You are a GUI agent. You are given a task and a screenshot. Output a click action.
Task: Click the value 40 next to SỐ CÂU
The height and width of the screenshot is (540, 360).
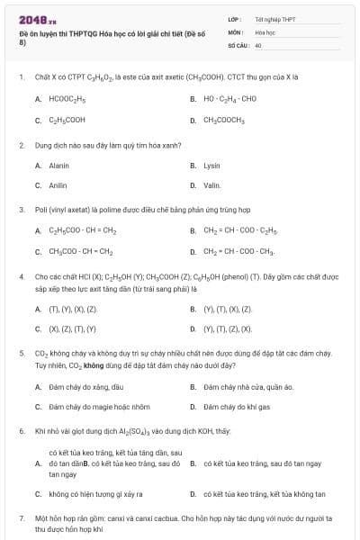click(x=258, y=44)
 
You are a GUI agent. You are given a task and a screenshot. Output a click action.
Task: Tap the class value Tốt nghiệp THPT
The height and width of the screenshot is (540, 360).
click(x=275, y=19)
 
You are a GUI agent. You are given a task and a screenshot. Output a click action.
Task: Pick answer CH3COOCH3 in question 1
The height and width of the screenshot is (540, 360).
click(x=224, y=120)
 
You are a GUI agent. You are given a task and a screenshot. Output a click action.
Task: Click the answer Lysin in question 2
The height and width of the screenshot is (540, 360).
click(x=212, y=166)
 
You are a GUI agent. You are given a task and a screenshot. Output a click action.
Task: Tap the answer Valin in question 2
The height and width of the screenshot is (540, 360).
click(x=212, y=185)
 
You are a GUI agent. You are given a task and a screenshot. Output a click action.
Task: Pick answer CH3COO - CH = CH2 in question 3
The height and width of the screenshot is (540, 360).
click(x=81, y=252)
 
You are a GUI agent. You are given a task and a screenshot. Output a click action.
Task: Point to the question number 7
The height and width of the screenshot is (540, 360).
click(x=21, y=519)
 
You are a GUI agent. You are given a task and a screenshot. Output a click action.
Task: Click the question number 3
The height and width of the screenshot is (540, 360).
click(x=21, y=210)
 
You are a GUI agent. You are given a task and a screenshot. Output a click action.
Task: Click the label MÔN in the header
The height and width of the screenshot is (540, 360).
click(x=235, y=31)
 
